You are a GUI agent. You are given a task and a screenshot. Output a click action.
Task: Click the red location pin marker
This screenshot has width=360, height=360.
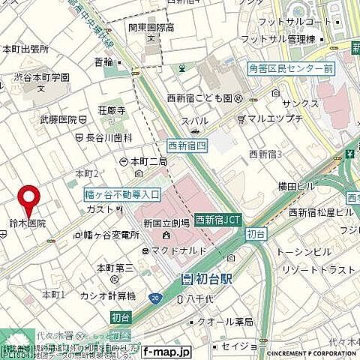tap(29, 198)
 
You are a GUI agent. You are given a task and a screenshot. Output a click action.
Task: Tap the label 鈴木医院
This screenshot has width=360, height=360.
tap(28, 223)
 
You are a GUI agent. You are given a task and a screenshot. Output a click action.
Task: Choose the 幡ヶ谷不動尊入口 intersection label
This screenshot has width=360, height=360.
tap(122, 194)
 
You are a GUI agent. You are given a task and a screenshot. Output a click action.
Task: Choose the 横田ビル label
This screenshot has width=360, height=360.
tap(293, 185)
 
